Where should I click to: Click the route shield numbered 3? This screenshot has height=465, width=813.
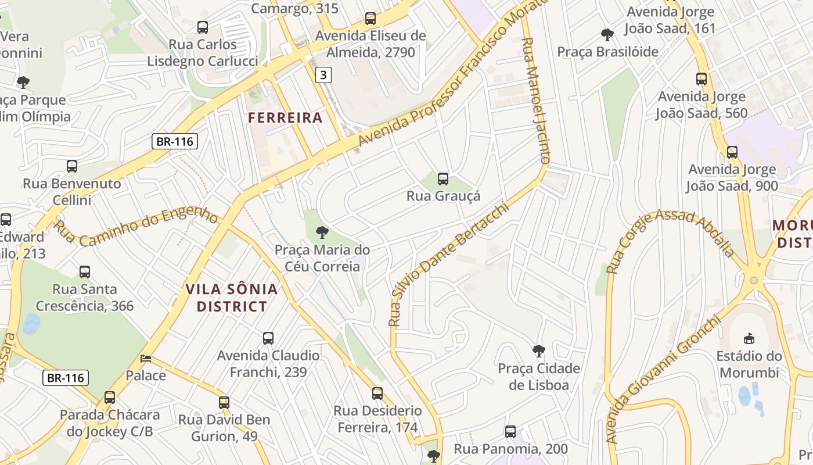point(323,74)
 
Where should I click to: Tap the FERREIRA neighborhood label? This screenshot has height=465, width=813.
point(285,117)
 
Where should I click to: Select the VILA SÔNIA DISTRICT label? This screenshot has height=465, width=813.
point(232,298)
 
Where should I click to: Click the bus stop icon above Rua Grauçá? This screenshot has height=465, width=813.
point(443,178)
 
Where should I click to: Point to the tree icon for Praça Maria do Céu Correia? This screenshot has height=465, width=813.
point(322,233)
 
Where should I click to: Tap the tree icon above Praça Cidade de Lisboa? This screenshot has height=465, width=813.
point(539,351)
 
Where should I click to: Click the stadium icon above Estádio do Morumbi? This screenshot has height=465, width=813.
point(749,338)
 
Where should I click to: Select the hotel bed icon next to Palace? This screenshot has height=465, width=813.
point(146,359)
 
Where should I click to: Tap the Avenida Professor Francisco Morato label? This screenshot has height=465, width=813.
point(453,73)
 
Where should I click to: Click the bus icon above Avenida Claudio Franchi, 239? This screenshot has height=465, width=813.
point(268,338)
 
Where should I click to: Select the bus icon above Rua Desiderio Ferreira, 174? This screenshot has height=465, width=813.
point(377,394)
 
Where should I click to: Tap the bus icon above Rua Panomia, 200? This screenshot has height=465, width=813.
point(510,431)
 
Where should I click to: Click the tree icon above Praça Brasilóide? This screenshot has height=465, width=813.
point(607,34)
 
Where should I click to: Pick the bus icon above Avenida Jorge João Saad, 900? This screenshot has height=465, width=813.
point(732,152)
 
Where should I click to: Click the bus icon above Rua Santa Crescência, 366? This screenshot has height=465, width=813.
point(85,271)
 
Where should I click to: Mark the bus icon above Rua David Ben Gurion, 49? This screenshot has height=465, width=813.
point(224,402)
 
